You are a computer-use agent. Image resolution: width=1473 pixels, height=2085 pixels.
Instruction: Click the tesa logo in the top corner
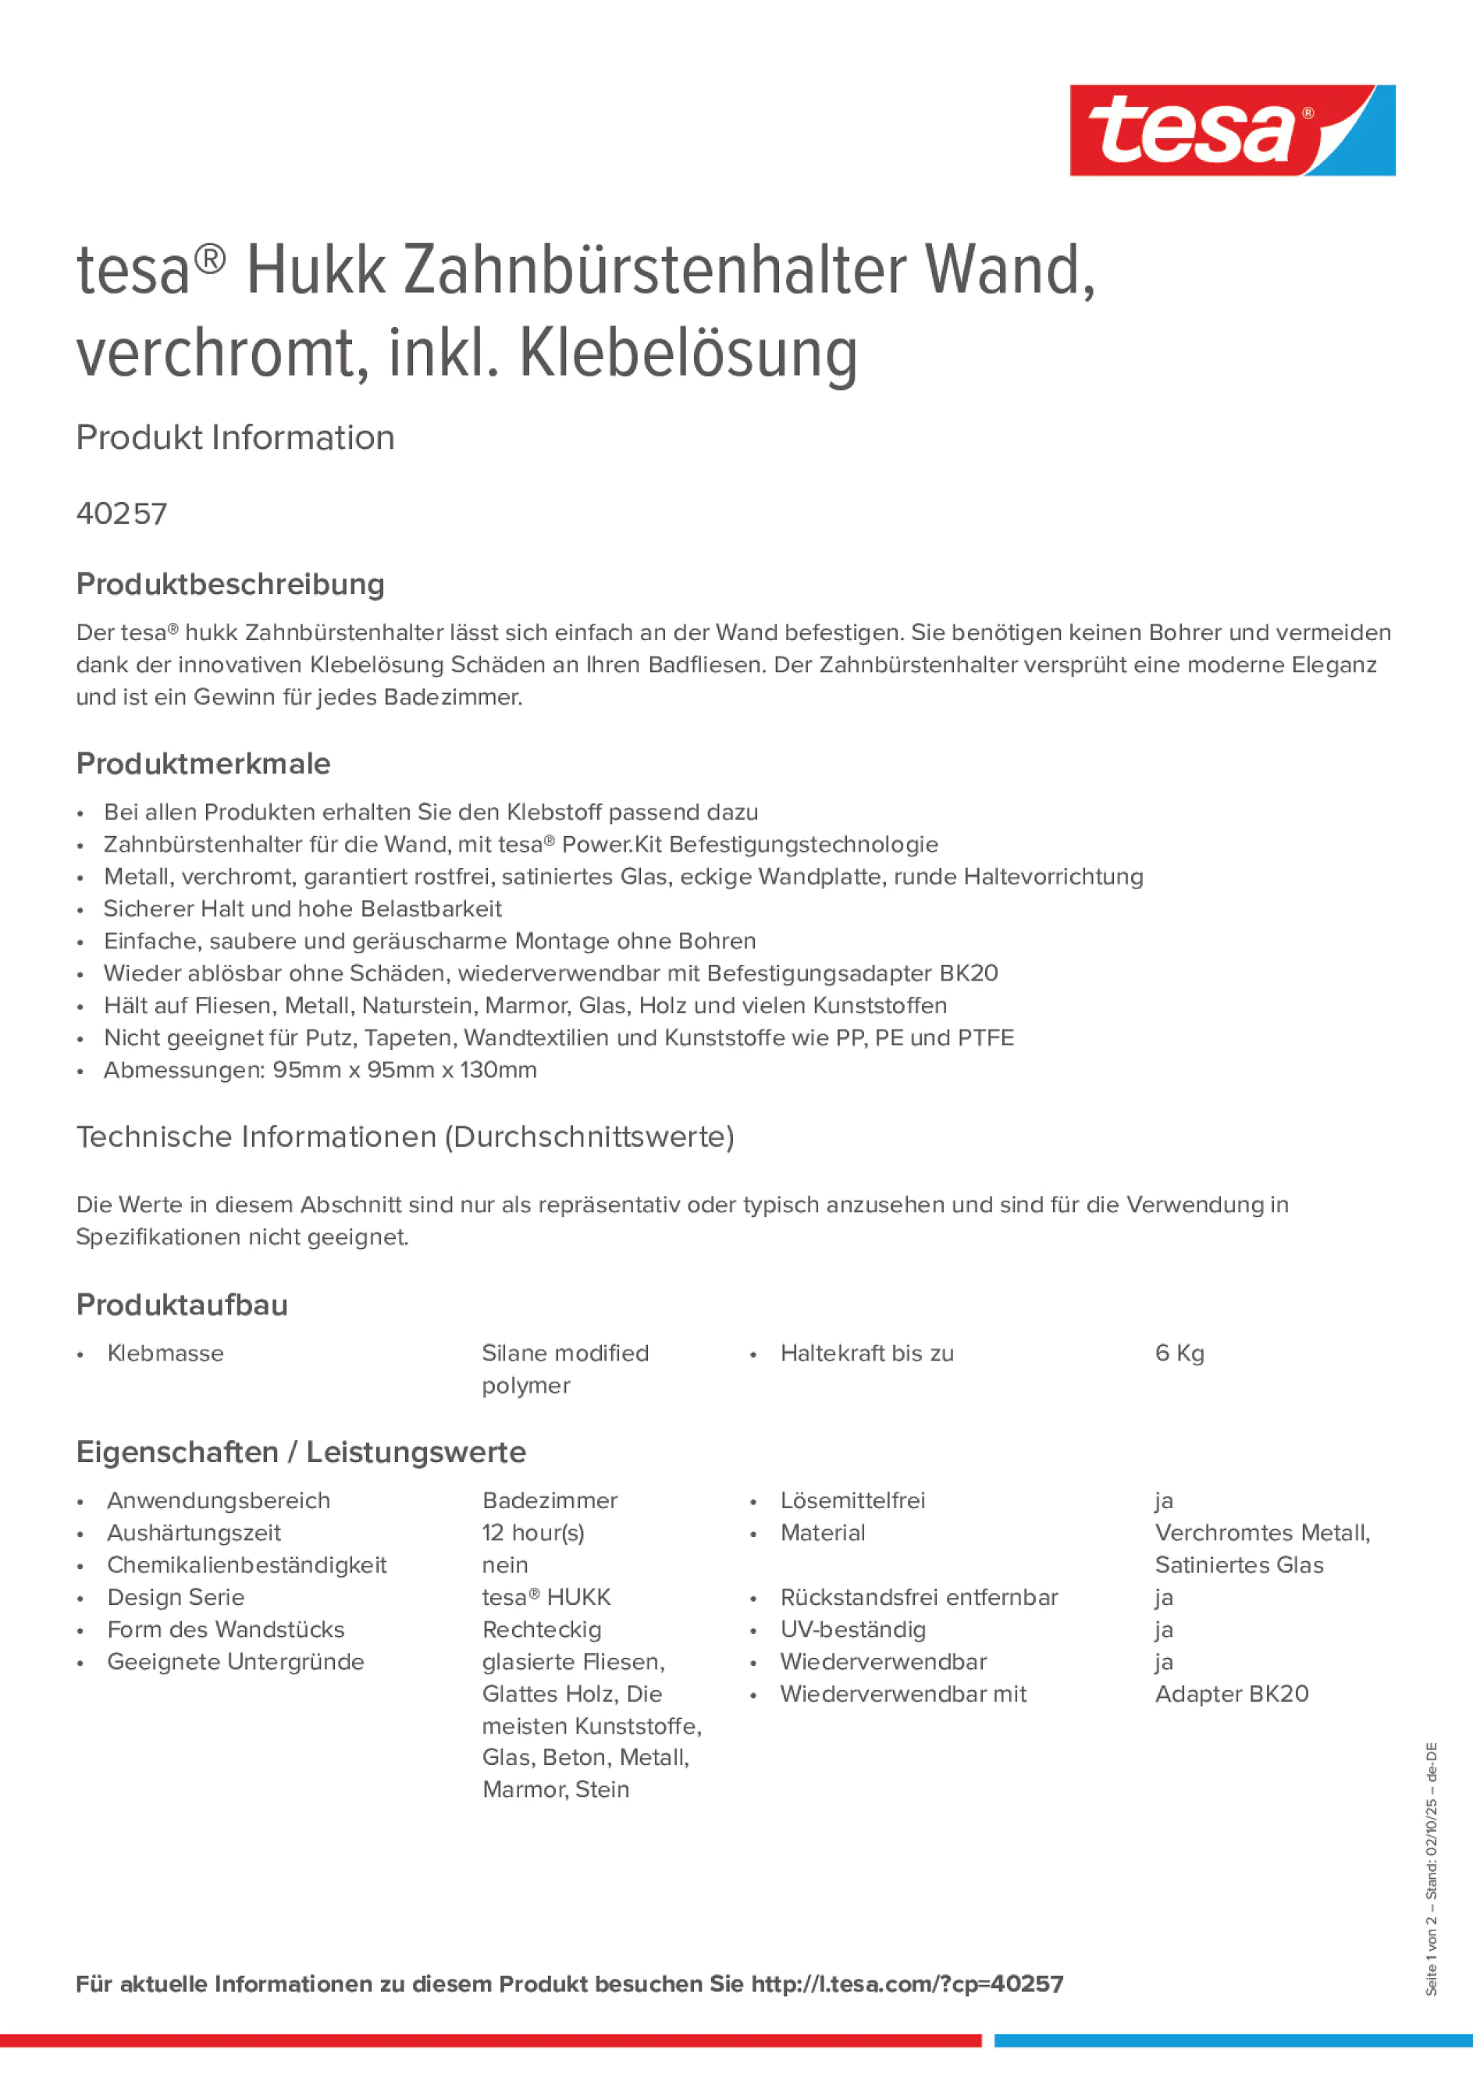1232,131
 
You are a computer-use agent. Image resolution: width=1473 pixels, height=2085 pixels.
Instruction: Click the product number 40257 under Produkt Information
122,514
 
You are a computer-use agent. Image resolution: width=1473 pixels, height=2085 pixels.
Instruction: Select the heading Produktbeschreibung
230,584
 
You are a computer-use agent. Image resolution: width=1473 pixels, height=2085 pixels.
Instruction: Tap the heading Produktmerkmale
204,763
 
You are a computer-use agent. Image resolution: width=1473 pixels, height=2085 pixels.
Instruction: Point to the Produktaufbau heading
183,1305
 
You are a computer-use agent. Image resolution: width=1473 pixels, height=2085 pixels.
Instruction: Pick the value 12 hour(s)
533,1533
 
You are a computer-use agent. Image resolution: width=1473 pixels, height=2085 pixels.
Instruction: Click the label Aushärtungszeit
194,1533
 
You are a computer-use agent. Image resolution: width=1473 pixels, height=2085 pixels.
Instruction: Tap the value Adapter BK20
1232,1694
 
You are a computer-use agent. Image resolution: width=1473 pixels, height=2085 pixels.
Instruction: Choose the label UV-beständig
852,1629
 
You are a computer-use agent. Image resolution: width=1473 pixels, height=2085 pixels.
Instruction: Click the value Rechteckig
541,1629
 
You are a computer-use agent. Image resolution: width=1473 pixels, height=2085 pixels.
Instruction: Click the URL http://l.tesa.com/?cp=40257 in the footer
906,1984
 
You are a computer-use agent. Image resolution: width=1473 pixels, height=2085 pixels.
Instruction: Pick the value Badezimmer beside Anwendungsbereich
550,1500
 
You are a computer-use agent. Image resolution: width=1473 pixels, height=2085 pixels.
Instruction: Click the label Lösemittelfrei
852,1500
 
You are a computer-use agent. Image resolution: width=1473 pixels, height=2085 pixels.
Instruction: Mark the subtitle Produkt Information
235,438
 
